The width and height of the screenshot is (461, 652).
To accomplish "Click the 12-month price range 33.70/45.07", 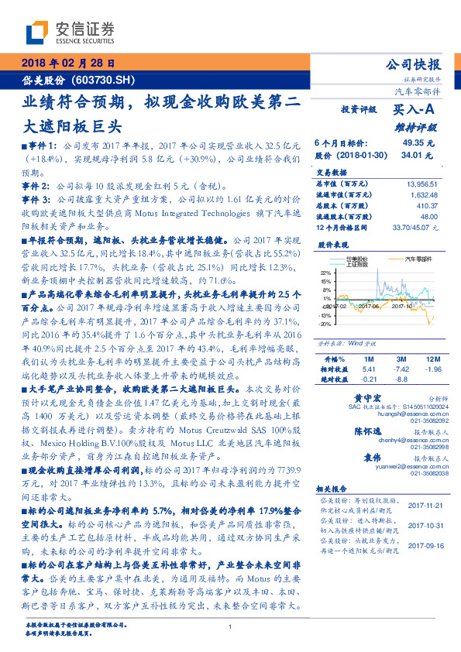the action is (x=417, y=227).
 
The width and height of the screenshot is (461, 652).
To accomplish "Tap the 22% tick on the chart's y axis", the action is (x=325, y=273).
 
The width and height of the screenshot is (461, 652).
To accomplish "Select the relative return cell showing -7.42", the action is (x=401, y=369).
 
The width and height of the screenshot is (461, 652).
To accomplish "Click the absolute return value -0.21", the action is (x=369, y=379).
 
